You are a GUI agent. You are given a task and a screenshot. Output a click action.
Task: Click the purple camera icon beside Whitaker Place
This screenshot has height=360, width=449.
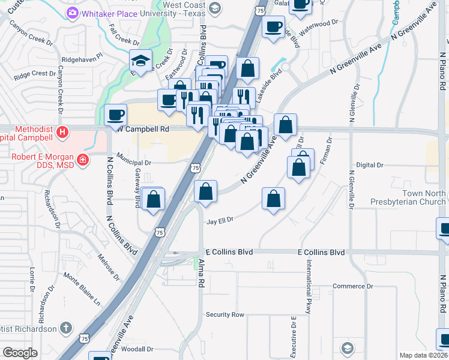pyautogui.click(x=73, y=12)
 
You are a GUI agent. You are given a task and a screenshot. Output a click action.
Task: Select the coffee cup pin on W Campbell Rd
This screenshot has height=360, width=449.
pyautogui.click(x=115, y=114)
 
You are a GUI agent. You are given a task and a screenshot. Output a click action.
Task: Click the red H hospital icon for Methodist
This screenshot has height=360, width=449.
pyautogui.click(x=61, y=131)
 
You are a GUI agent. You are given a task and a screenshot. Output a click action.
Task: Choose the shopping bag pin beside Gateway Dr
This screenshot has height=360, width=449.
pyautogui.click(x=154, y=199)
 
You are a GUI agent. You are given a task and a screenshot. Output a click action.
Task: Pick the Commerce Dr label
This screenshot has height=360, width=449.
pyautogui.click(x=353, y=286)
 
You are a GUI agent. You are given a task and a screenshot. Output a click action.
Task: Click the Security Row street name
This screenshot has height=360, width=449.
pyautogui.click(x=225, y=314)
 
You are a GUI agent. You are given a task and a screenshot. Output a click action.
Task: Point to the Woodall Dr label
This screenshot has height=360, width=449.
pyautogui.click(x=137, y=349)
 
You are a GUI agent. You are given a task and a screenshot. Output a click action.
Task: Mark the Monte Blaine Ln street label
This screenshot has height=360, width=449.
pyautogui.click(x=82, y=287)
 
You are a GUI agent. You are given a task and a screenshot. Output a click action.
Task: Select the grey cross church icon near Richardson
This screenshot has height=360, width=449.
pyautogui.click(x=66, y=328)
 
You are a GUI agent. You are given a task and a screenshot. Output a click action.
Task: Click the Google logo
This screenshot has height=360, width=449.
pyautogui.click(x=20, y=352)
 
